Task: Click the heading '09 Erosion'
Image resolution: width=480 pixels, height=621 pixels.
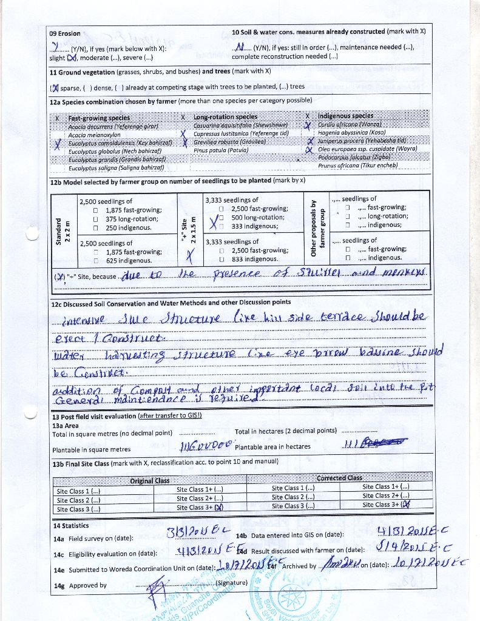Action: point(65,33)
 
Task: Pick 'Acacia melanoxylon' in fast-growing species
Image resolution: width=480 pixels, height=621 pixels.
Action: point(94,135)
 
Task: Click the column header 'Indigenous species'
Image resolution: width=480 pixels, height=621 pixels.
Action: point(345,115)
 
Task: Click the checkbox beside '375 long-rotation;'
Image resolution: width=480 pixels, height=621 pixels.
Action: point(96,219)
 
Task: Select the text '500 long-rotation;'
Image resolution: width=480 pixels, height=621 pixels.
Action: point(258,217)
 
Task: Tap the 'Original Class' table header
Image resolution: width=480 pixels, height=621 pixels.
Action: point(149,481)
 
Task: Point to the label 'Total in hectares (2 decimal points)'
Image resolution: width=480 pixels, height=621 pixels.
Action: point(285,431)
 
